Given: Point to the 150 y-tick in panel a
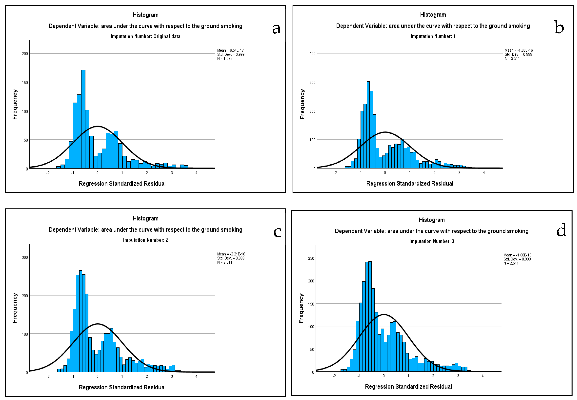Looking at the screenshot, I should click(x=25, y=82).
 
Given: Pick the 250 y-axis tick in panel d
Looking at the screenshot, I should click(x=311, y=258).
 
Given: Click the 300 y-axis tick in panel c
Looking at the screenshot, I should click(x=25, y=257).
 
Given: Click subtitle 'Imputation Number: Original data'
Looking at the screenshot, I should click(x=145, y=36).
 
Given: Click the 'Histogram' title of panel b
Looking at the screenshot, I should click(x=433, y=15).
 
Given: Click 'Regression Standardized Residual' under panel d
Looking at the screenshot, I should click(x=408, y=386).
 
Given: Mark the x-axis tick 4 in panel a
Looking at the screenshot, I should click(x=196, y=173).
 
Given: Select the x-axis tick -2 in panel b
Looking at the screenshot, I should click(x=335, y=173).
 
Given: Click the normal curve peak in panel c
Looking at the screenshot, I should click(x=97, y=324).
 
